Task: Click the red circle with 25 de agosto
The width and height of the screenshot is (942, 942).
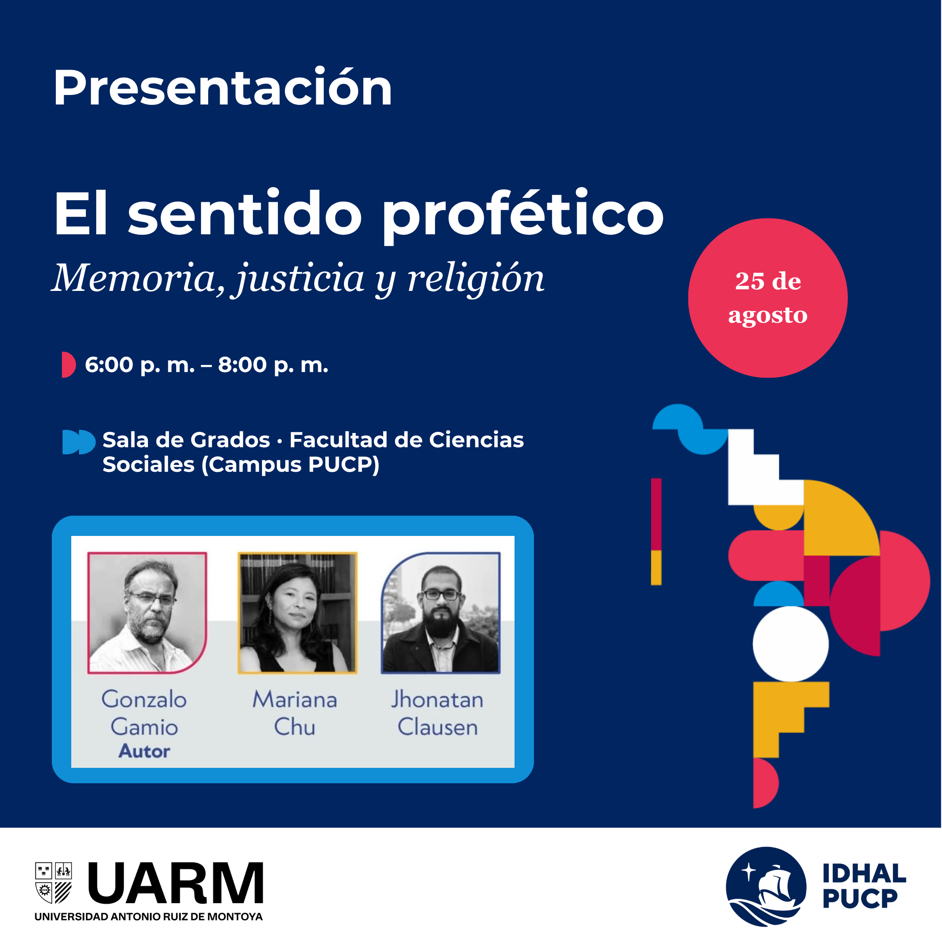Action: point(767,298)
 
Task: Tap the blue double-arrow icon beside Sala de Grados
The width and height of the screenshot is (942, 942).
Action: point(78,442)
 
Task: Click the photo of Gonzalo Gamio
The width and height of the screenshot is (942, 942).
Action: point(147,613)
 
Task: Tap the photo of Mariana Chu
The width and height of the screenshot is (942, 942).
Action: point(297,613)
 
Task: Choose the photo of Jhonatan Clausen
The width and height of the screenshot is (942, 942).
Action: point(441,613)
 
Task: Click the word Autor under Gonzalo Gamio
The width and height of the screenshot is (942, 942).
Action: point(144,751)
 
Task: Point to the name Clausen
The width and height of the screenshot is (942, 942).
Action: point(437,727)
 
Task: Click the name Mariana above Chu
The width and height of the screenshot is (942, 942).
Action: point(294,699)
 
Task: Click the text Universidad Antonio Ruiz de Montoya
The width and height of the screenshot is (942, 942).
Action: point(149,917)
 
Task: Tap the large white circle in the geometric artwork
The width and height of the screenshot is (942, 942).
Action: point(790,644)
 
